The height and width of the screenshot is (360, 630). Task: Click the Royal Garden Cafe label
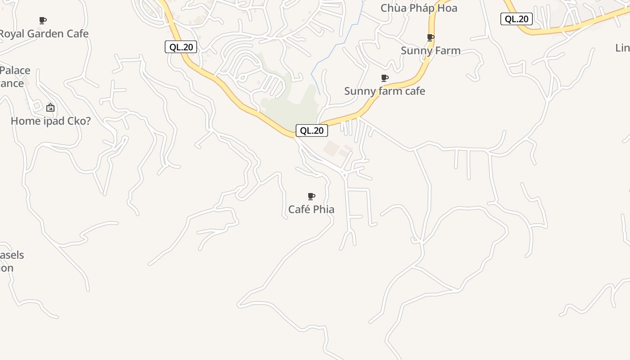point(44,34)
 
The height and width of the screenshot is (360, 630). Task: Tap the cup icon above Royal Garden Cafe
point(43,20)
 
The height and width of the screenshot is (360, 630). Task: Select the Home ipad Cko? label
point(50,121)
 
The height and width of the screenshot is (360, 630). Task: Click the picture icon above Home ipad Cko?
point(50,108)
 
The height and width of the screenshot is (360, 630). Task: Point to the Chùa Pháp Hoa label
point(418,8)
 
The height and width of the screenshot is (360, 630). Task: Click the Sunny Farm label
point(431,50)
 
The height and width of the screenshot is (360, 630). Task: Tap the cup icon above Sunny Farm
point(431,37)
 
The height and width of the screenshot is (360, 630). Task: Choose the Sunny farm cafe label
point(384,91)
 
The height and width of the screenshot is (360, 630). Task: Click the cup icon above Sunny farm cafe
point(385,78)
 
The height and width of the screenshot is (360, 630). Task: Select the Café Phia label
point(311,209)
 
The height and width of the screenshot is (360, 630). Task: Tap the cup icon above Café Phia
point(311,196)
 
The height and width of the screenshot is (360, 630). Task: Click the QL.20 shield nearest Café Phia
point(311,130)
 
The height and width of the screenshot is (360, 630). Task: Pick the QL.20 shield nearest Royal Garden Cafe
point(181,47)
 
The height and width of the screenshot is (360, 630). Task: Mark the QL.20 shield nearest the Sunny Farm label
point(516,19)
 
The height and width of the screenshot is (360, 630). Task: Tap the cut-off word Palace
point(15,71)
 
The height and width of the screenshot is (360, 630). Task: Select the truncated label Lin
point(623,48)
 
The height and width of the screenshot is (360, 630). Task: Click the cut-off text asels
point(12,255)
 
